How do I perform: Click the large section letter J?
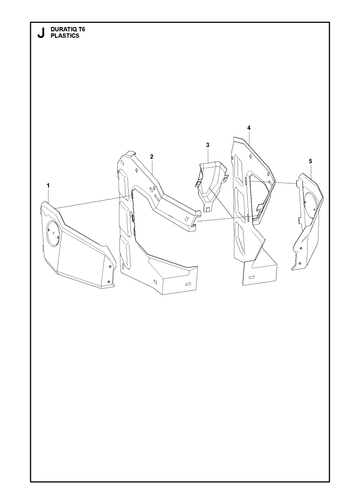(41, 33)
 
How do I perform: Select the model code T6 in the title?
(81, 30)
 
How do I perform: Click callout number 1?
(48, 185)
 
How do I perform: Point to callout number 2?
(152, 156)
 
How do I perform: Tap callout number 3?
(208, 145)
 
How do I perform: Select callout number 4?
(249, 128)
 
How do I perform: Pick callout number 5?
(311, 161)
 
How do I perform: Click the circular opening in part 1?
(53, 233)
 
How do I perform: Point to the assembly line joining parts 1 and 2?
(88, 203)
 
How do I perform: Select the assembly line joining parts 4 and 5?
(273, 182)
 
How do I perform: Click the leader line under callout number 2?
(152, 166)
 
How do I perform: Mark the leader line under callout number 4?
(249, 137)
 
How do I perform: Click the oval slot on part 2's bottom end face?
(188, 283)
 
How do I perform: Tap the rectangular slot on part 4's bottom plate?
(252, 277)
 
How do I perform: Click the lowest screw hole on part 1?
(108, 282)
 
